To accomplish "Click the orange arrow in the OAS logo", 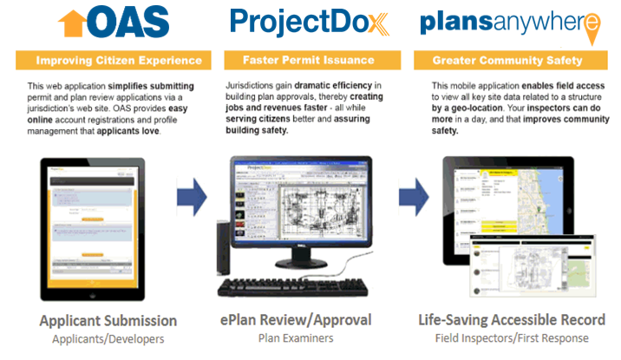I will tap(71, 24).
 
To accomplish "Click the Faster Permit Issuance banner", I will tap(310, 61).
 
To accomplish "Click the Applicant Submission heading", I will tap(108, 321).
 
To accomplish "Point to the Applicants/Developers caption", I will tap(108, 339).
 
